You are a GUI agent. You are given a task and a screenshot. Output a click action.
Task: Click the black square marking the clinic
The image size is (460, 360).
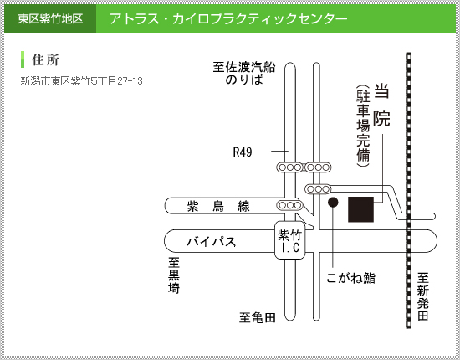[360, 209]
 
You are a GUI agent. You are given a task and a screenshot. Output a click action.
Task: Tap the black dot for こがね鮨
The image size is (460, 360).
[333, 202]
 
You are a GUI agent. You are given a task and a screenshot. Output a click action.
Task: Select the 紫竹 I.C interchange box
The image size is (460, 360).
[290, 240]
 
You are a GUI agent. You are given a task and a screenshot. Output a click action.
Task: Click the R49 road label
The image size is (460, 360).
[243, 152]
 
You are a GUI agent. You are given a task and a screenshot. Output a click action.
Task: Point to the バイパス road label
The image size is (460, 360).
[212, 242]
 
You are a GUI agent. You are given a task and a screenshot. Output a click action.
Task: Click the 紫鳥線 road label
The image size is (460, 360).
[218, 206]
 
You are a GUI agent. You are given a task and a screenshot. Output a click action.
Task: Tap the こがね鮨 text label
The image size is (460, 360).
[351, 278]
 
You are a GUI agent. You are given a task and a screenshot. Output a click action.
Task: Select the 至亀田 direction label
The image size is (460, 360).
[258, 317]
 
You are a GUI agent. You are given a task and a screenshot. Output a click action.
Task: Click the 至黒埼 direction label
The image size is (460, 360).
[174, 275]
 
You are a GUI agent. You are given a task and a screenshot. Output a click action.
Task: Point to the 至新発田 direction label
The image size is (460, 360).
[423, 296]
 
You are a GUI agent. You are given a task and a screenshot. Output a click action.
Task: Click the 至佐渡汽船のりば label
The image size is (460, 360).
[244, 73]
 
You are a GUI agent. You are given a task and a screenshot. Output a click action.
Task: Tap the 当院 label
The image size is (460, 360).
[381, 105]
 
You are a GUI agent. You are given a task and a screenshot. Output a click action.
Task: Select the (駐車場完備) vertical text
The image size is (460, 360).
[363, 126]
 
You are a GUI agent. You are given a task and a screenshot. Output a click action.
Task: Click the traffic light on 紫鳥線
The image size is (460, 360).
[289, 205]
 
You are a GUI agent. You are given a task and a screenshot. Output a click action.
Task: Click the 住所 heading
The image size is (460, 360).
[45, 60]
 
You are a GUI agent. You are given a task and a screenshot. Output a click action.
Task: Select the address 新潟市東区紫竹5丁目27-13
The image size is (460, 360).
[82, 80]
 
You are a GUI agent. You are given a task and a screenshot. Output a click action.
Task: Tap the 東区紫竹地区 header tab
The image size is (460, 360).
[50, 18]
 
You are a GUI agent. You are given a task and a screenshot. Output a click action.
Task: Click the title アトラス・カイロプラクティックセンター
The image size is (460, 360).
[228, 18]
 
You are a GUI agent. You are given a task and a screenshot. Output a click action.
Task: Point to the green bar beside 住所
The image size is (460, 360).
[23, 59]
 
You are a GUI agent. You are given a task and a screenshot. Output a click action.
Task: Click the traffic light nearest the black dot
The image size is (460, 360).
[319, 189]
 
